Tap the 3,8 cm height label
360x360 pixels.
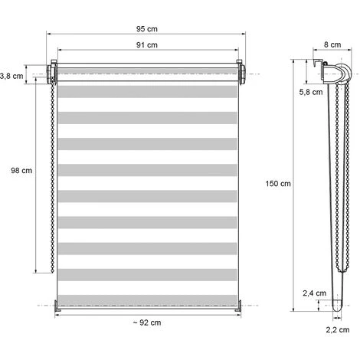pyautogui.click(x=11, y=75)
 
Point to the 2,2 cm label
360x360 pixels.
pyautogui.click(x=338, y=330)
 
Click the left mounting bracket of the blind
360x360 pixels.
pyautogui.click(x=53, y=74)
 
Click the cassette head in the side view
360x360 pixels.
pyautogui.click(x=332, y=74)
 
